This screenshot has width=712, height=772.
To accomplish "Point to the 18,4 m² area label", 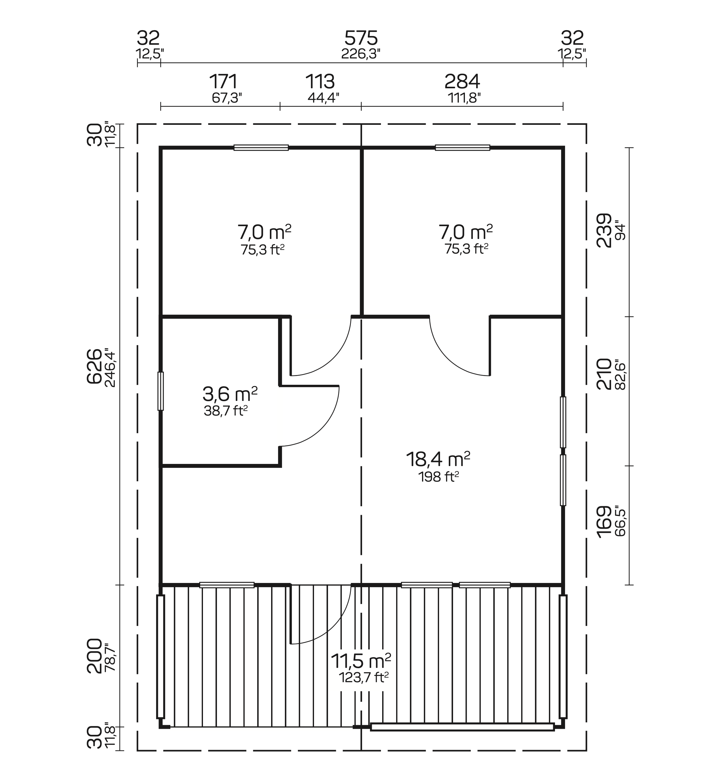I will pos(438,459).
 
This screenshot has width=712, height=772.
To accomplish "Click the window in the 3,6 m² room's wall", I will pos(161,391).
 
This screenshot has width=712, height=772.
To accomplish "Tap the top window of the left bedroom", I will pos(261,148).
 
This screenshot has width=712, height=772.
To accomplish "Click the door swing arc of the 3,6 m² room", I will pos(327,424).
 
